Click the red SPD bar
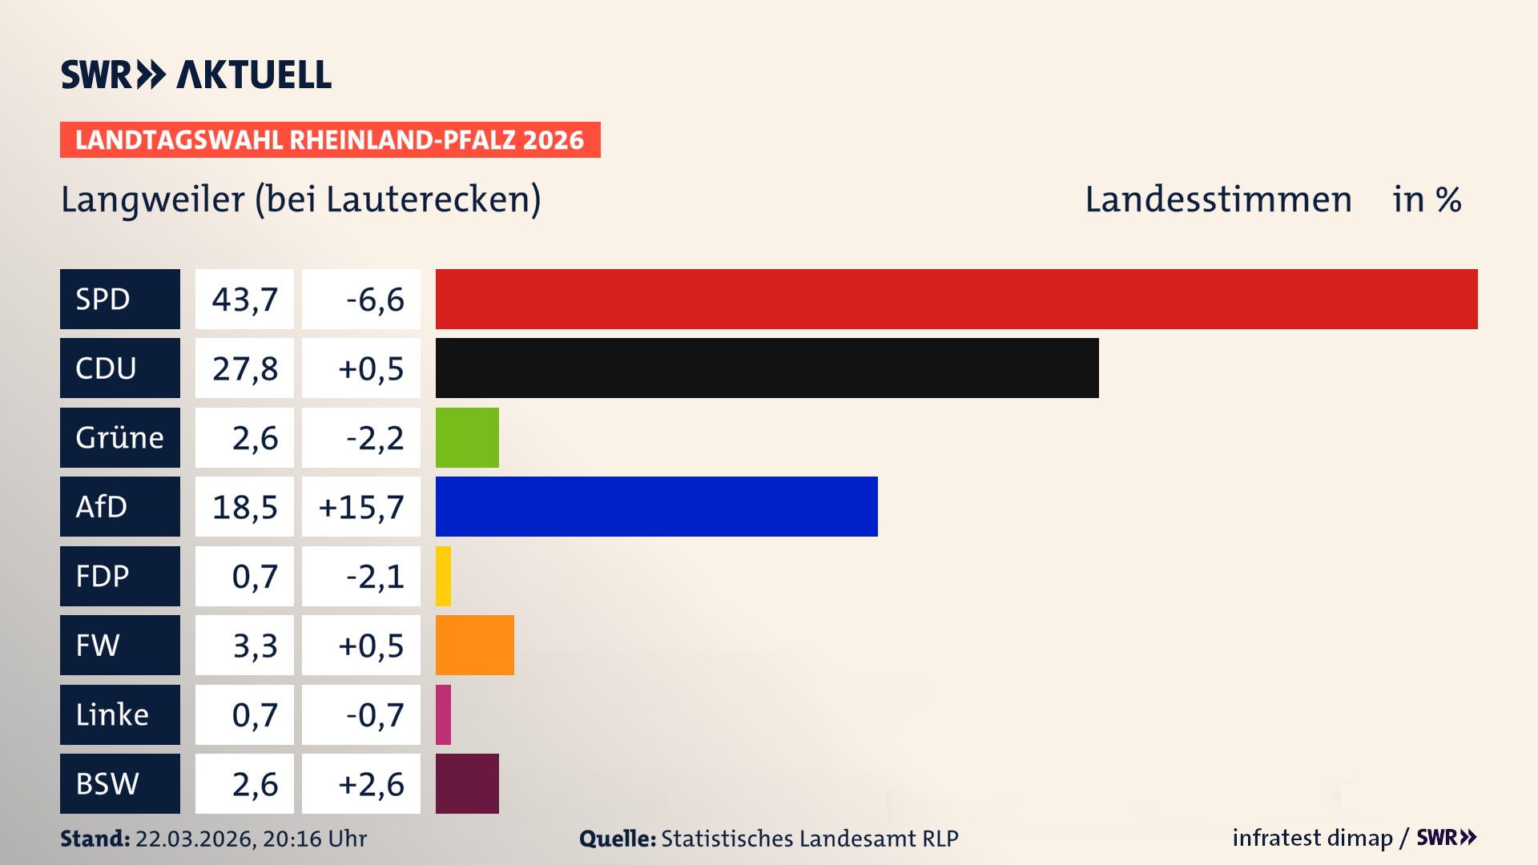[x=956, y=299]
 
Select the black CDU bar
[x=767, y=368]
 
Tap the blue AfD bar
[x=656, y=506]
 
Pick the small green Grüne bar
[x=467, y=437]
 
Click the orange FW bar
[x=474, y=645]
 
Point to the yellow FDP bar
[x=443, y=576]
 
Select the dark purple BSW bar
[x=467, y=783]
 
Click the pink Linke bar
[x=443, y=714]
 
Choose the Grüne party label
[x=120, y=437]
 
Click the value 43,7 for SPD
[x=244, y=300]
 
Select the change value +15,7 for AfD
[x=361, y=507]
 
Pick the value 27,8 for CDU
[x=244, y=368]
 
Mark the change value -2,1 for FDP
[x=375, y=577]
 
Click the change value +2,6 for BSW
[x=371, y=784]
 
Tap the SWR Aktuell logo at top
[x=196, y=74]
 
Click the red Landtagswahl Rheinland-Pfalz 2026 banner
[x=329, y=140]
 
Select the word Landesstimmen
[x=1218, y=199]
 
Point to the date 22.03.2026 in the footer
[x=195, y=839]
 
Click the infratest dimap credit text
[x=1311, y=838]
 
